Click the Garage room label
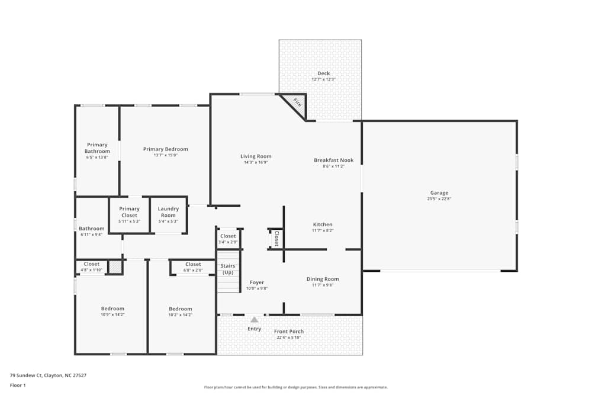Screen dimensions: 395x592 (439, 192)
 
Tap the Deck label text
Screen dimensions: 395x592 (323, 73)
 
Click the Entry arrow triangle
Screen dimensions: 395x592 (254, 320)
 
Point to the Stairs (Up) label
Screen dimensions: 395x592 (227, 269)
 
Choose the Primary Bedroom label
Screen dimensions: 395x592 (165, 149)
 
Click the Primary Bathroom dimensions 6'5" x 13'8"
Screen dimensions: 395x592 (97, 158)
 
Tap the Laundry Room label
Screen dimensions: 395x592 (168, 211)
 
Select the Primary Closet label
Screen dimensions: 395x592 (129, 211)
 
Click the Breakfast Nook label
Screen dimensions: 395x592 (333, 160)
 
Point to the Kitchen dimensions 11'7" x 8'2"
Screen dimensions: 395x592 (323, 230)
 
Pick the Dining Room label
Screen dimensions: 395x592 (323, 279)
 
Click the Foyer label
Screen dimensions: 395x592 (257, 282)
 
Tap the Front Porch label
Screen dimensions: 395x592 (289, 332)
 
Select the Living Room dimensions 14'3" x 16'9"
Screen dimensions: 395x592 (256, 162)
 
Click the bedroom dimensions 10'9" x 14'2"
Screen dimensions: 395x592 (112, 314)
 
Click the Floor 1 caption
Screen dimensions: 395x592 (17, 385)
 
